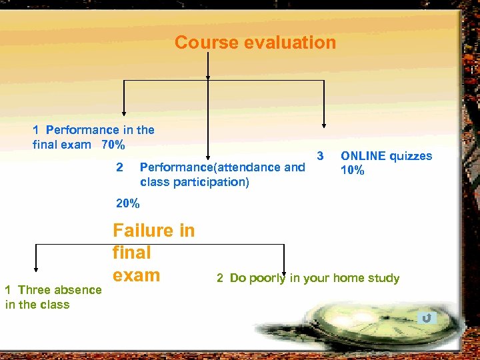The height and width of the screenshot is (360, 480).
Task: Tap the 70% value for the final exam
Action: [x=113, y=144]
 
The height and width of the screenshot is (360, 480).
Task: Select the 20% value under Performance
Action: [x=128, y=203]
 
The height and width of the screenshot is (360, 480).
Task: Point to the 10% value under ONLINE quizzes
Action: [x=353, y=170]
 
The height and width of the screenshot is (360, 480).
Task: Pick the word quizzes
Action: [x=411, y=156]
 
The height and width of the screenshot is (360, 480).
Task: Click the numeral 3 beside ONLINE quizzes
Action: [x=320, y=156]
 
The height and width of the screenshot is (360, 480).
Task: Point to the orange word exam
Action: [x=136, y=275]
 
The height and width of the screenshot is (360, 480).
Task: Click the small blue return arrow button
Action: [x=427, y=318]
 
